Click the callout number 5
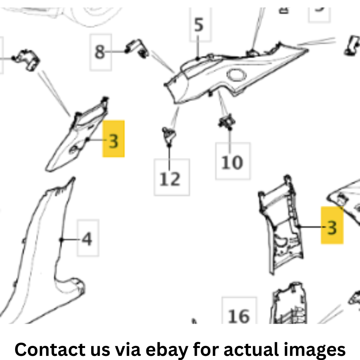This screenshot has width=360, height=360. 199,25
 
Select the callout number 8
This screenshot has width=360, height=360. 100,52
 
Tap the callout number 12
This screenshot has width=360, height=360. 170,179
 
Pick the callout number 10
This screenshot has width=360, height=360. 232,163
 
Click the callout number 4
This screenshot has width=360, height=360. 87,239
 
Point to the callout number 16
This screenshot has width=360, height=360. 239,316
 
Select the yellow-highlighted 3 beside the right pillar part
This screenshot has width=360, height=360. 332,228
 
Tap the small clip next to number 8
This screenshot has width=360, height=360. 137,49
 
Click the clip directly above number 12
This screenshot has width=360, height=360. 169,135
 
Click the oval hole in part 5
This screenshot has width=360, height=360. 237,75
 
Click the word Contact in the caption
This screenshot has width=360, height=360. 50,349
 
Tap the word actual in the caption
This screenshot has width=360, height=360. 251,349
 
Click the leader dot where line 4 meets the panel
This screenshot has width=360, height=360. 61,240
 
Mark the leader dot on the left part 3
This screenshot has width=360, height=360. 87,139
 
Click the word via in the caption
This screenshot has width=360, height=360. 128,349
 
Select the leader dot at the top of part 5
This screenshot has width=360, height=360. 198,59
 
